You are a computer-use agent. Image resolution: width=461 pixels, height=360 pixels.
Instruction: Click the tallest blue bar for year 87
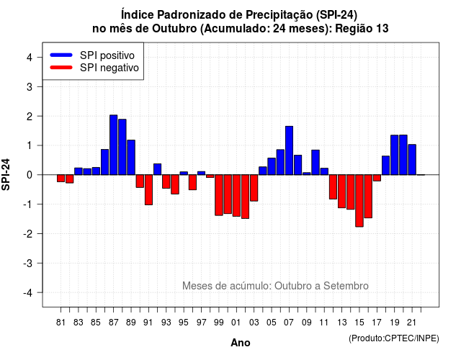(x=114, y=145)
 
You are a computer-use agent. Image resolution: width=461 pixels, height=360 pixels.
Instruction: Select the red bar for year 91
(x=148, y=190)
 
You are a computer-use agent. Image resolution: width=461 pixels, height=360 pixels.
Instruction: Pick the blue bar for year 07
(x=289, y=150)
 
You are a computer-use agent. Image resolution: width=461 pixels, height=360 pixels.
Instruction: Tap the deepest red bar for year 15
(x=359, y=201)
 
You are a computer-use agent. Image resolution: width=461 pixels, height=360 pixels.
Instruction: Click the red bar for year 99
(x=219, y=195)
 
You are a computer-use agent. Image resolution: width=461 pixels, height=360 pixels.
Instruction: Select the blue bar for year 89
(x=131, y=158)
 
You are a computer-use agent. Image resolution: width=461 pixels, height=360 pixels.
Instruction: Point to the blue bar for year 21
(x=412, y=160)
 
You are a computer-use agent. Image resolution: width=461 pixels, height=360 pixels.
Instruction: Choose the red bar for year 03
(x=254, y=188)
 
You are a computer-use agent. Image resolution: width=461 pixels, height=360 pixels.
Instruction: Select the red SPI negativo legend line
(x=61, y=67)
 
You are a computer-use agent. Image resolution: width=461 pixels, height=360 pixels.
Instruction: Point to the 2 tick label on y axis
(x=29, y=117)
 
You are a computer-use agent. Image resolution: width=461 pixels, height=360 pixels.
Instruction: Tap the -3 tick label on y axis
(x=27, y=264)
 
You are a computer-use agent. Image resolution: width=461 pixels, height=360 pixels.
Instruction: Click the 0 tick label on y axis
(x=29, y=175)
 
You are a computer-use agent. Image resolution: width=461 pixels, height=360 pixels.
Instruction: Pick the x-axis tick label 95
(x=184, y=323)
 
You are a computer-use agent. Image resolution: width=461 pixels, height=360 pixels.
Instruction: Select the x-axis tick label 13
(x=342, y=323)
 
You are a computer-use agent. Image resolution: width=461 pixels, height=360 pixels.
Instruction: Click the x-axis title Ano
(x=241, y=343)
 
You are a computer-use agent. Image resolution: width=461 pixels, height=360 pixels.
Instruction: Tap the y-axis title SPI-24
(x=6, y=174)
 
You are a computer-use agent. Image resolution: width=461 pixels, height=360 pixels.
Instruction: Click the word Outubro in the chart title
(x=174, y=29)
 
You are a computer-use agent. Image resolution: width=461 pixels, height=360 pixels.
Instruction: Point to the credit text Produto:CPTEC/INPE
(x=394, y=338)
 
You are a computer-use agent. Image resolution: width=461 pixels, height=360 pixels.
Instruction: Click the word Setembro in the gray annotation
(x=346, y=286)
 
